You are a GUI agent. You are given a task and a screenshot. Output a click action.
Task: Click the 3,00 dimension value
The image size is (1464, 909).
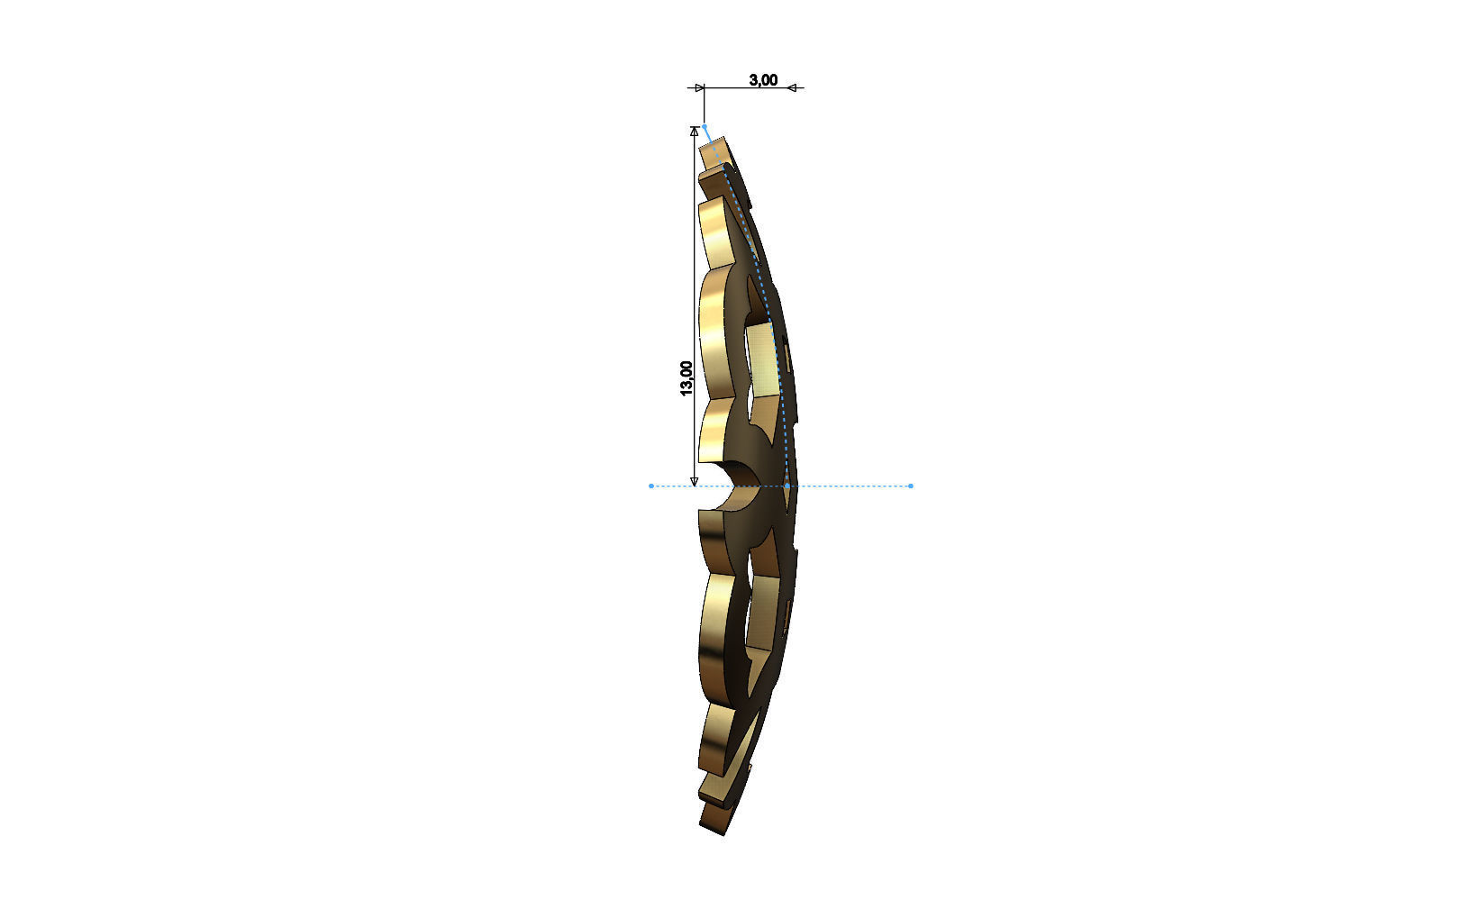point(763,80)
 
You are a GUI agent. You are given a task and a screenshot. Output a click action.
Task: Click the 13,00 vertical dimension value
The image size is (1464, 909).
point(687,377)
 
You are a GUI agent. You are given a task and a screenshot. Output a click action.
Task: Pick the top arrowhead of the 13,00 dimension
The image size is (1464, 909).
point(694,132)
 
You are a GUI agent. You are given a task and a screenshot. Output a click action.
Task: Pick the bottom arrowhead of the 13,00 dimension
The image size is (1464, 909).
point(694,481)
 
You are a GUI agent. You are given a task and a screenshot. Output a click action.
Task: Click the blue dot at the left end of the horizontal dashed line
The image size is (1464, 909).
point(651,486)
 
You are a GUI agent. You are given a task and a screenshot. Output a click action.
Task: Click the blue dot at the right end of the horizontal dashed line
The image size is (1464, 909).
point(911,486)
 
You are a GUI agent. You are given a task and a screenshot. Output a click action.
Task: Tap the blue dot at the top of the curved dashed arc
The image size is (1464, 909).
point(705,127)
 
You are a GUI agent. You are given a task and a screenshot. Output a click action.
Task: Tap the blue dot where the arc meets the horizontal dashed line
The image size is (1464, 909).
point(787,486)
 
